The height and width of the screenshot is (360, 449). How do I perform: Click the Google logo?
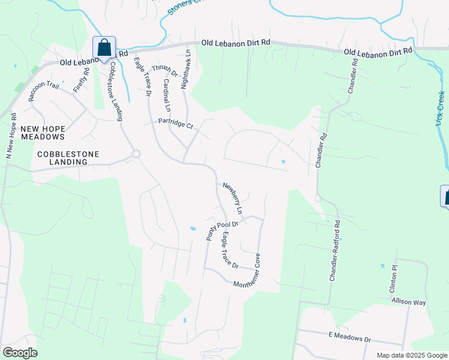click(x=20, y=353)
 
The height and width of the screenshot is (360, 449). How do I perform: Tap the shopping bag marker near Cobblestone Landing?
click(x=104, y=47)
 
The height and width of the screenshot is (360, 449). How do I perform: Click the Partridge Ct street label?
click(x=175, y=124)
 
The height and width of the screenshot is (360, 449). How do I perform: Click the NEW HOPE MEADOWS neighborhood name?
click(x=43, y=133)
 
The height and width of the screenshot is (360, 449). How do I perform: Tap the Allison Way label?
click(x=408, y=301)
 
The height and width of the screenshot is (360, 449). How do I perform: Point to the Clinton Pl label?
click(x=394, y=280)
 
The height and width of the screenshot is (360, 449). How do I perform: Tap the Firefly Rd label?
click(x=82, y=80)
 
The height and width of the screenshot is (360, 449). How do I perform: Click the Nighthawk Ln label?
click(x=186, y=70)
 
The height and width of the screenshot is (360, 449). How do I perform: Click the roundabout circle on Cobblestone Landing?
click(x=136, y=154)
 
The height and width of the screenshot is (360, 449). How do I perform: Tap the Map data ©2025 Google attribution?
click(x=411, y=355)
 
